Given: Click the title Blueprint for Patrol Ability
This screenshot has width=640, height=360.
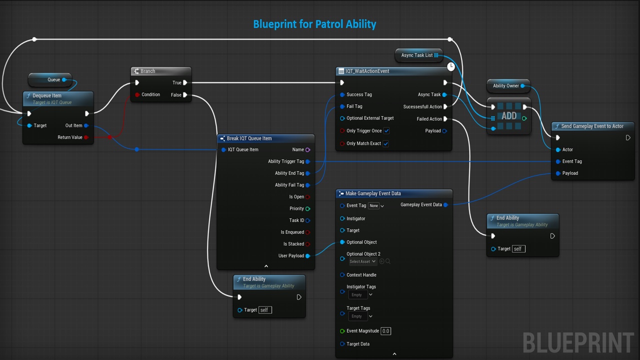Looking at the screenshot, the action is [x=314, y=24].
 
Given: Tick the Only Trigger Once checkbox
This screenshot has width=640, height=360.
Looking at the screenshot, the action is [x=386, y=131].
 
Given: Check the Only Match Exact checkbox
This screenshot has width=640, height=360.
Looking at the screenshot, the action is [x=385, y=143].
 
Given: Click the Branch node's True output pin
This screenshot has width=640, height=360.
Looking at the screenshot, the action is [x=185, y=82].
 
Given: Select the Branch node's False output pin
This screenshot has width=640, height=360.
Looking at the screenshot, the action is [x=185, y=95].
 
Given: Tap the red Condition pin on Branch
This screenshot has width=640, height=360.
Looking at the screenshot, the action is [x=137, y=94].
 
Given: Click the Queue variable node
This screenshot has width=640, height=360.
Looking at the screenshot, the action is [x=50, y=79].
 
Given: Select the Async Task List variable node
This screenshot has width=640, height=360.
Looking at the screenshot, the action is [x=419, y=55].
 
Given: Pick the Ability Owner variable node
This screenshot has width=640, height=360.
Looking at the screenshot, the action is [x=508, y=85].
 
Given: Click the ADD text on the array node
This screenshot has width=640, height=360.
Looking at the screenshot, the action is [x=509, y=116].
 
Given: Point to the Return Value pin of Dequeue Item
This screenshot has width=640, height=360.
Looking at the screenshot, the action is [x=86, y=137].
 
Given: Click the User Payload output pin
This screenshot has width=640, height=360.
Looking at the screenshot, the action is [x=307, y=256].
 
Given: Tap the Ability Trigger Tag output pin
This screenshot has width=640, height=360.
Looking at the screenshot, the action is [x=307, y=161].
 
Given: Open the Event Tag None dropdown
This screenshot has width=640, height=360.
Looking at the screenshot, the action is [x=376, y=205].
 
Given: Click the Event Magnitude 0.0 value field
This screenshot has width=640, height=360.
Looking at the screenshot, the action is [x=385, y=331].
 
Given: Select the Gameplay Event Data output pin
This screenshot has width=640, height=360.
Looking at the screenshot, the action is [x=445, y=205].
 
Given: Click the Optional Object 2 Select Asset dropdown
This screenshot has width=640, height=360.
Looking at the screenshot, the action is [x=362, y=261].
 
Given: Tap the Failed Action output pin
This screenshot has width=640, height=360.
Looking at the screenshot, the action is [x=445, y=119].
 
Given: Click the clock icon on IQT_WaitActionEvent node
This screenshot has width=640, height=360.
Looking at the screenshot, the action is [x=451, y=66].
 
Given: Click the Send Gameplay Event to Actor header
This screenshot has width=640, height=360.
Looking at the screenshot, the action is [x=593, y=126].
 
